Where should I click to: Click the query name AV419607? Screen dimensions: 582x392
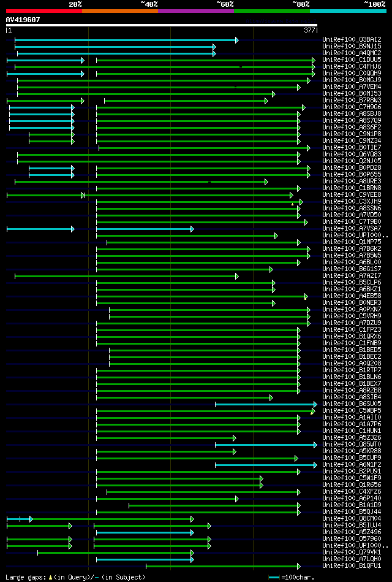(23, 20)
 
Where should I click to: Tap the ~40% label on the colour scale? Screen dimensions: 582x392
(149, 4)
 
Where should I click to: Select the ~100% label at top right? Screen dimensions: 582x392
(374, 4)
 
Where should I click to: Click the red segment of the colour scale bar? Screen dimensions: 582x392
(43, 11)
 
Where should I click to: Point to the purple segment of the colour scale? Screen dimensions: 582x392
(195, 11)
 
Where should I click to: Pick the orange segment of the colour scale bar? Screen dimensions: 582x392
(119, 11)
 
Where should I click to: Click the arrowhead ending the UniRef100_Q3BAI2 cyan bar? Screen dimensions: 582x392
(237, 40)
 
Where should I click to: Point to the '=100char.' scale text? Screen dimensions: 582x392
(297, 577)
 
